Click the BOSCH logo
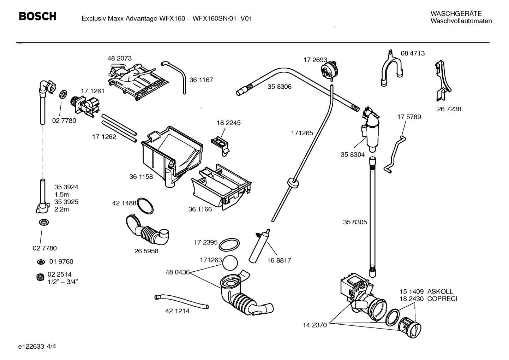point(37,17)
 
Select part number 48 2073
point(119,58)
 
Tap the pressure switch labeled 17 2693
point(329,69)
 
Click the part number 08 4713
point(413,53)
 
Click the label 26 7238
point(449,109)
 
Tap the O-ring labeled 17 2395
point(229,244)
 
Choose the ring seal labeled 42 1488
point(145,206)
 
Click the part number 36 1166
point(200,209)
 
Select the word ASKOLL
point(440,292)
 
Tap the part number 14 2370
point(315,325)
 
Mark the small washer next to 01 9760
point(41,262)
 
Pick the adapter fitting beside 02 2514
point(41,278)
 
